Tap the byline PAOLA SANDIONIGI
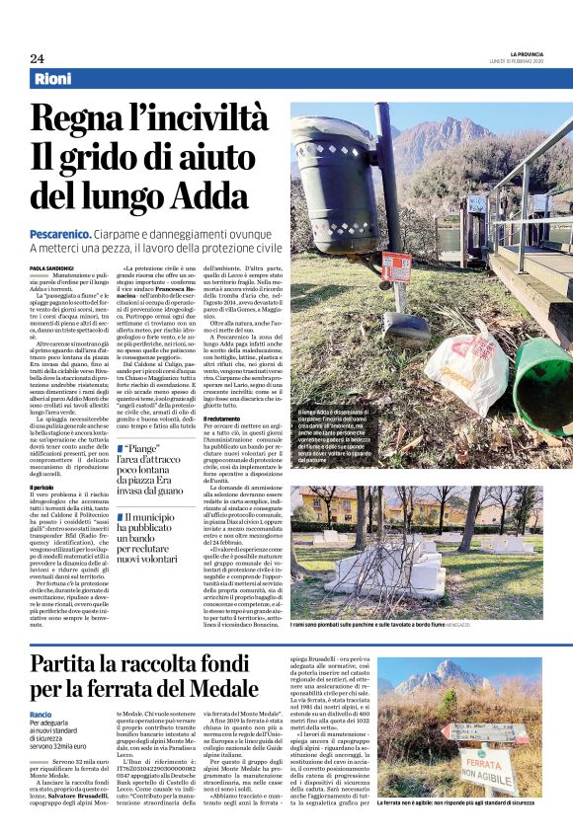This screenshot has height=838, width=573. [x=51, y=267]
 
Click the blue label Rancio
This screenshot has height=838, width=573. [x=41, y=714]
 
